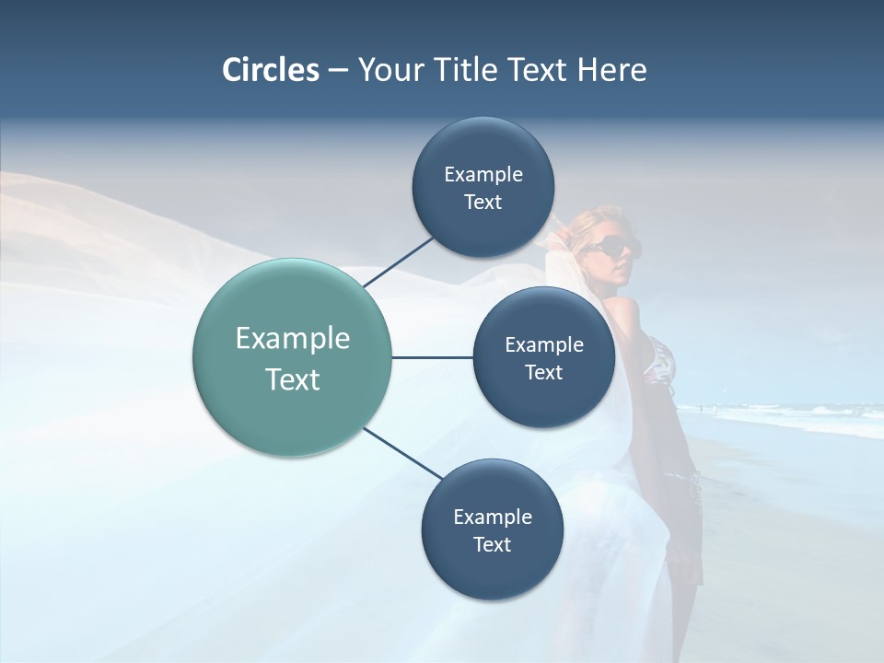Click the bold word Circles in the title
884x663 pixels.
(x=271, y=70)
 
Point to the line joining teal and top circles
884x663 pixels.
(x=400, y=262)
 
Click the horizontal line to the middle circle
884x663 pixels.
(x=433, y=357)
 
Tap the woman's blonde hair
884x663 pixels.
(x=589, y=221)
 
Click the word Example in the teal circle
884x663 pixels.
(x=293, y=339)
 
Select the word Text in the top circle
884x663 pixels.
(x=483, y=203)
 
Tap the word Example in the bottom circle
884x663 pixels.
(x=493, y=518)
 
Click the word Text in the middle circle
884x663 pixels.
(x=544, y=372)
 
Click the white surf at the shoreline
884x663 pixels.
(x=810, y=419)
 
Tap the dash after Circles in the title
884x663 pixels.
(x=337, y=70)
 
